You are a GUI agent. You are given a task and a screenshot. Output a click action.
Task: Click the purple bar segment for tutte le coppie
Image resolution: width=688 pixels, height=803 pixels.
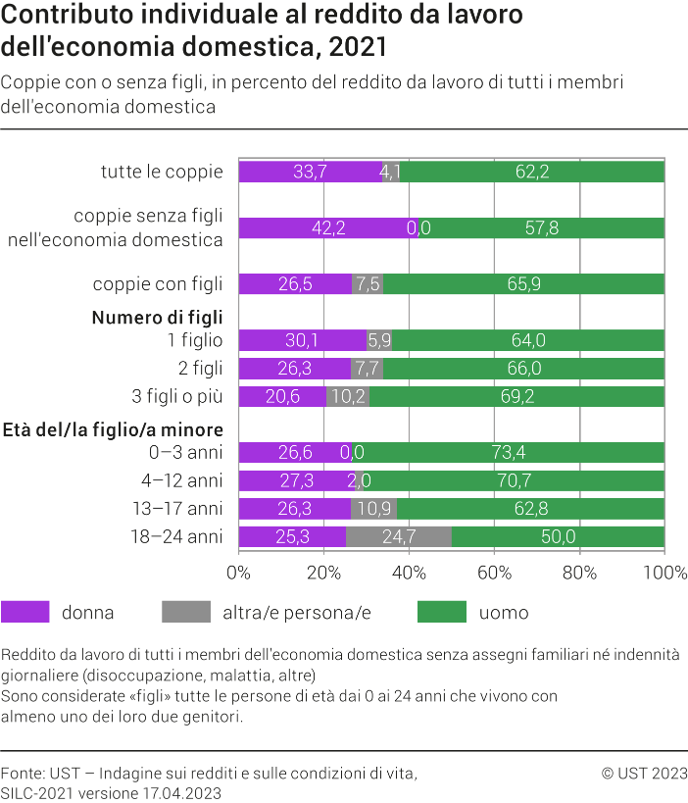(x=310, y=172)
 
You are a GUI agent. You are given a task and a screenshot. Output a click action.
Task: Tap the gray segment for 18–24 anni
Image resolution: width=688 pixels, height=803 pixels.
(x=398, y=537)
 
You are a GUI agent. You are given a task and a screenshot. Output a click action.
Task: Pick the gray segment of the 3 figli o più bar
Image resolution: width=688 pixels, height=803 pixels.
(x=348, y=397)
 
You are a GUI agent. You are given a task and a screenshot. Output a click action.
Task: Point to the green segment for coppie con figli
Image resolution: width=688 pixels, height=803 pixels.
(x=523, y=284)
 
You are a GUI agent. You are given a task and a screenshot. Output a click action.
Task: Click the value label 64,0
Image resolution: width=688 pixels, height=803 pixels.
(x=527, y=340)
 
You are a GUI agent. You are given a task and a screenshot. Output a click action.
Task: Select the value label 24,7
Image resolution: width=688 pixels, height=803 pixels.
(x=398, y=537)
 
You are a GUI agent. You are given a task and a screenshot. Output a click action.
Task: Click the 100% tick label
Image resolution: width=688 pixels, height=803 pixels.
(x=663, y=573)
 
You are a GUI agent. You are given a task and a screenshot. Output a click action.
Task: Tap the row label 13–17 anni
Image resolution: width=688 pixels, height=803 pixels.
(x=177, y=509)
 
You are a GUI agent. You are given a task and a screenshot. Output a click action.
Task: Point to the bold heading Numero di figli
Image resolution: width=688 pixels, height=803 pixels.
(x=157, y=318)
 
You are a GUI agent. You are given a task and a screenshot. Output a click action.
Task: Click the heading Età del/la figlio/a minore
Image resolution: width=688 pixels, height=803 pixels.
(x=113, y=429)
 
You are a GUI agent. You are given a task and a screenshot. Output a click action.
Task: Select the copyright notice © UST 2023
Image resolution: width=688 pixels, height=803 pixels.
(x=644, y=774)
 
